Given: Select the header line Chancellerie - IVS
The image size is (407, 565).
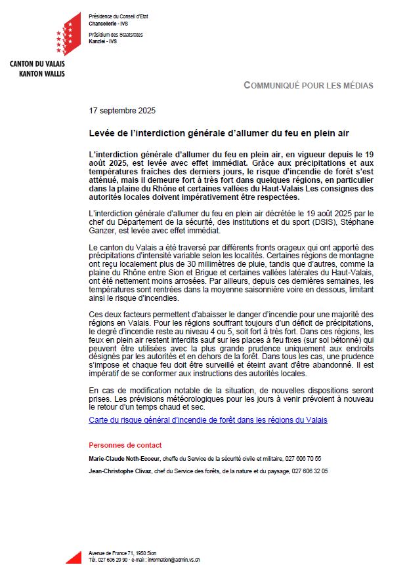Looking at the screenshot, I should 104,22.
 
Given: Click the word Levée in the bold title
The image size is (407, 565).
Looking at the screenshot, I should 103,133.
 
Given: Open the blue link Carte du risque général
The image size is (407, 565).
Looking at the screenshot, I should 207,419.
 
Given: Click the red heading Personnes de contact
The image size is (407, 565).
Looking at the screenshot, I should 125,445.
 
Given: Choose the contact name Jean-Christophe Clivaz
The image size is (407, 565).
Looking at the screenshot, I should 119,471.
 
